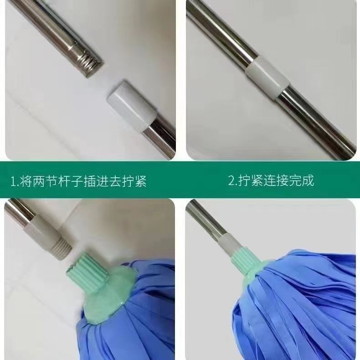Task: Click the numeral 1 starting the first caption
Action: click(x=13, y=181)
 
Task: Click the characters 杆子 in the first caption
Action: click(x=75, y=181)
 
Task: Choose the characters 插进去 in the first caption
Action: click(x=108, y=181)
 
